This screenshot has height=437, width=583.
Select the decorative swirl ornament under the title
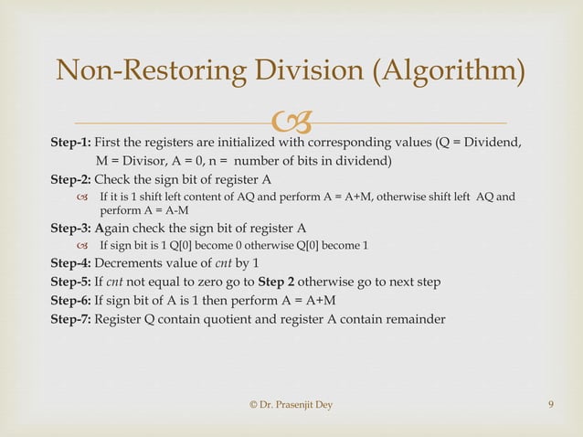pyautogui.click(x=291, y=122)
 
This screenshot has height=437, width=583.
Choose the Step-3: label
pyautogui.click(x=70, y=229)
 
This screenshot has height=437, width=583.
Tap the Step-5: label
pyautogui.click(x=70, y=282)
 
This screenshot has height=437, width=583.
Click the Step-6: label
pyautogui.click(x=70, y=301)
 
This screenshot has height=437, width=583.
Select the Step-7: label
pyautogui.click(x=70, y=319)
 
